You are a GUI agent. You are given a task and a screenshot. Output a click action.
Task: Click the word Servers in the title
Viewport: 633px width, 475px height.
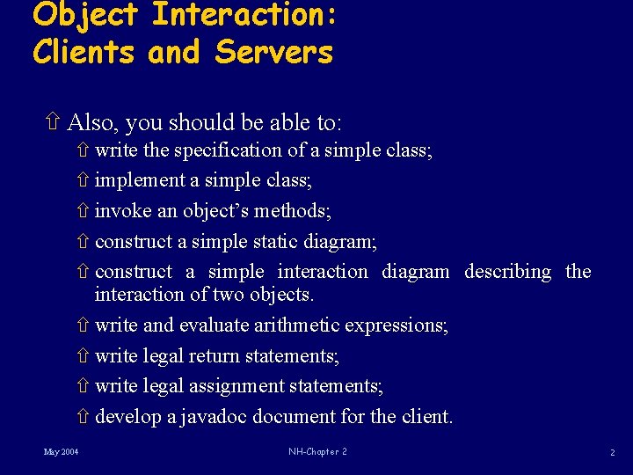(x=274, y=52)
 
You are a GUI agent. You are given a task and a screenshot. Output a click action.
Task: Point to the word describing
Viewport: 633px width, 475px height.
(x=508, y=272)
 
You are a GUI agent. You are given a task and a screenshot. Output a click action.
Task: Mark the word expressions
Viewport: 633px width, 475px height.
(x=397, y=325)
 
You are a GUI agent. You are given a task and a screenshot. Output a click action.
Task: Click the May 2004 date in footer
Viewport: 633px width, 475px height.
(x=61, y=452)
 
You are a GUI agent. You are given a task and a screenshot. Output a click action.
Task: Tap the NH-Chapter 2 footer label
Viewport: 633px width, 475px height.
(x=317, y=452)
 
